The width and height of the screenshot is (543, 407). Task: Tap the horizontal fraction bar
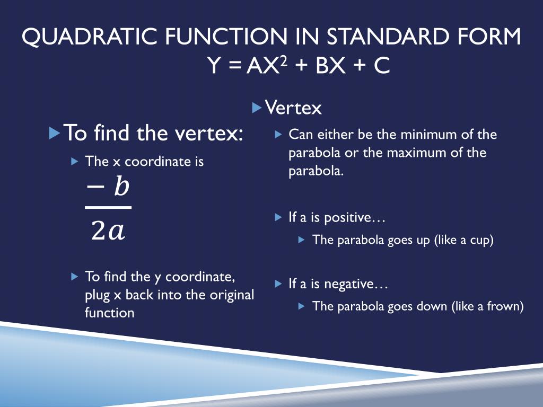(108, 207)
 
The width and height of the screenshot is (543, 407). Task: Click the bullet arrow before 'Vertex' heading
(257, 108)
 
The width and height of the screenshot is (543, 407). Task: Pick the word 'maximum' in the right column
(414, 153)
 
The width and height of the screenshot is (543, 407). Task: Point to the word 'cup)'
(481, 240)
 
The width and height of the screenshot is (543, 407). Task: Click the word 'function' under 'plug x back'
(109, 313)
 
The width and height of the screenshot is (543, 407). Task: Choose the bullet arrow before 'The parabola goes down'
(302, 306)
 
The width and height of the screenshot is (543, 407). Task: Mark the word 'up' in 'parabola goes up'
(423, 240)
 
